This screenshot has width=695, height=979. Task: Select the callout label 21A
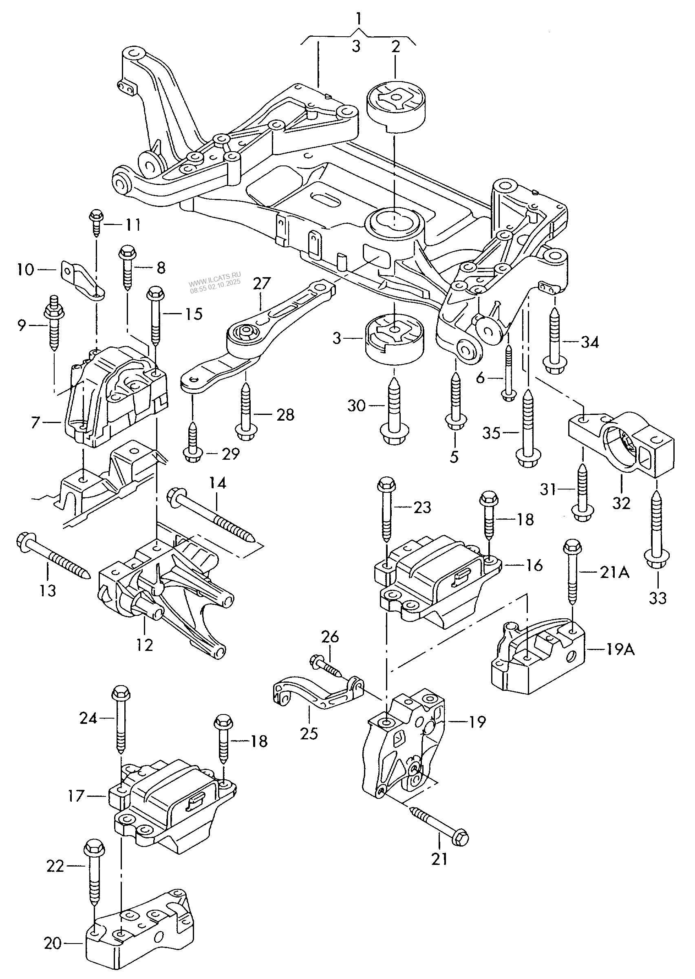pos(615,572)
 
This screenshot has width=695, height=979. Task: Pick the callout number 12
pos(145,645)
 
